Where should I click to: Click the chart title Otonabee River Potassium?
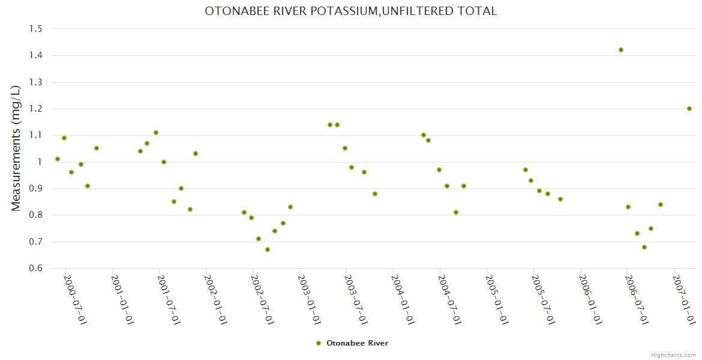(351, 11)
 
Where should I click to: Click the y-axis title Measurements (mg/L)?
(16, 148)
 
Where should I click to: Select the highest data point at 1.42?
(621, 50)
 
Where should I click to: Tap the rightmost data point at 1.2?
(689, 109)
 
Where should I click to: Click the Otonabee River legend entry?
(352, 343)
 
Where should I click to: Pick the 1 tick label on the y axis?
(40, 162)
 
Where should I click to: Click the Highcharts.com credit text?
(673, 355)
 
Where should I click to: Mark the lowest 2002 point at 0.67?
(268, 250)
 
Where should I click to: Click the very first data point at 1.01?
(58, 159)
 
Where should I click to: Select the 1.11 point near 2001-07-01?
(156, 133)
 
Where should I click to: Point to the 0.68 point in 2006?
(644, 247)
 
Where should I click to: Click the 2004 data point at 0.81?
(456, 212)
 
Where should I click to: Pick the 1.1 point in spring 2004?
(424, 135)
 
